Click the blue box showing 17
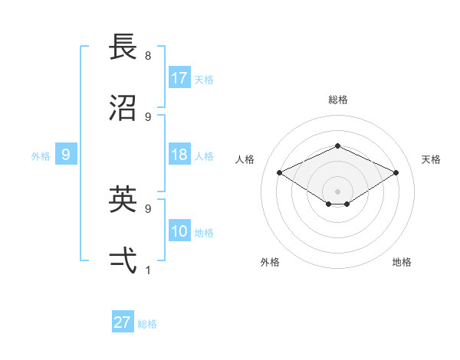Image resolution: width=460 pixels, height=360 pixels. pos(179,77)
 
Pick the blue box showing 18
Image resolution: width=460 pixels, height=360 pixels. pos(179,155)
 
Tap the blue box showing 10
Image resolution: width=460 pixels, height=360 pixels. pos(179,231)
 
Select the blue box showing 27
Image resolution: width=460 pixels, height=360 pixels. pos(123,322)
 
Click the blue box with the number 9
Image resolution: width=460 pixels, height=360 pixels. pos(66,155)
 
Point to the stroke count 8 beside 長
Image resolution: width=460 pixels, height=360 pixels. pos(148,56)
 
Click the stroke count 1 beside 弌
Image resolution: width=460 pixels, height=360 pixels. pos(148,270)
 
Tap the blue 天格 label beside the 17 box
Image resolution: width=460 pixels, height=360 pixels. pos(204,79)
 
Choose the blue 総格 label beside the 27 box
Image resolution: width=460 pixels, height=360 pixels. pos(147,324)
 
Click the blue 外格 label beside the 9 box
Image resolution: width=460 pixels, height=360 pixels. pos(41,156)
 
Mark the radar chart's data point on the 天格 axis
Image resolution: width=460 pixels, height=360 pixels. pos(396,173)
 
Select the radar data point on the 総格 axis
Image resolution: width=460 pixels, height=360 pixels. pos(337,146)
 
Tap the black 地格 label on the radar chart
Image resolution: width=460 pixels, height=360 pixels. pos(402,262)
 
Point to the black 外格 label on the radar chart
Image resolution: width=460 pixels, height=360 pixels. pos(270,262)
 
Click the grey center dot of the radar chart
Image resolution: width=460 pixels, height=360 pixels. pos(337,190)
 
